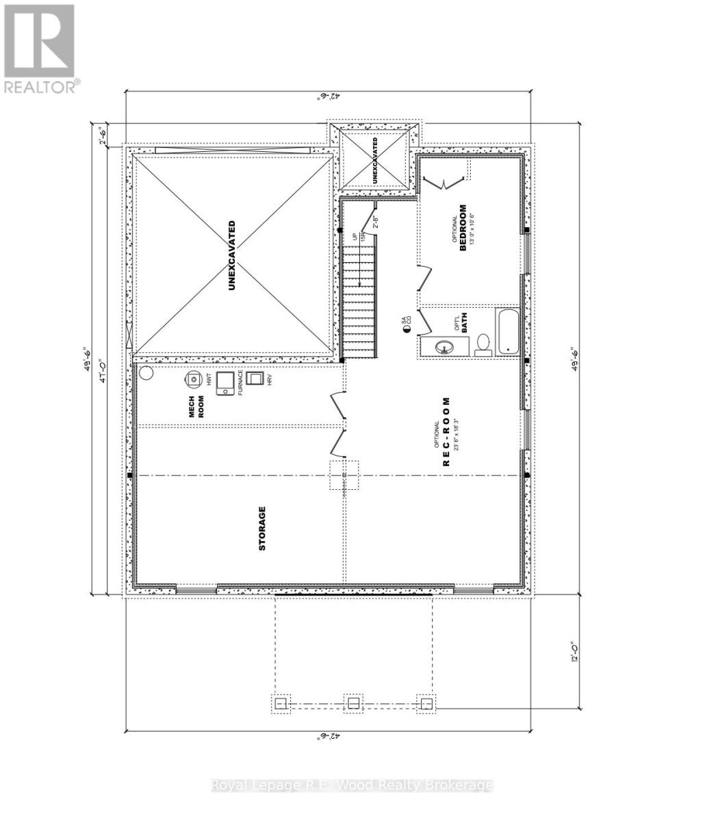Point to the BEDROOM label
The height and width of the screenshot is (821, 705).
pyautogui.click(x=463, y=228)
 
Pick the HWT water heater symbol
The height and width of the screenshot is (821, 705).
pyautogui.click(x=194, y=378)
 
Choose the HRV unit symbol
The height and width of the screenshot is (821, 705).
pyautogui.click(x=257, y=380)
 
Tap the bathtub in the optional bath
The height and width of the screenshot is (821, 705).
pyautogui.click(x=508, y=332)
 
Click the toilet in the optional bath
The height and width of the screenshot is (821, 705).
pyautogui.click(x=483, y=343)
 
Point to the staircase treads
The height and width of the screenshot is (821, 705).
pyautogui.click(x=360, y=301)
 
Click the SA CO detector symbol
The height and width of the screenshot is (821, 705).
pyautogui.click(x=407, y=329)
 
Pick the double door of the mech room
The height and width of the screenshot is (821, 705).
pyautogui.click(x=337, y=425)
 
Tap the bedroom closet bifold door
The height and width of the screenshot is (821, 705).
pyautogui.click(x=444, y=182)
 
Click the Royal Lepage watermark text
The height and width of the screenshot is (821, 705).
pyautogui.click(x=352, y=785)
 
